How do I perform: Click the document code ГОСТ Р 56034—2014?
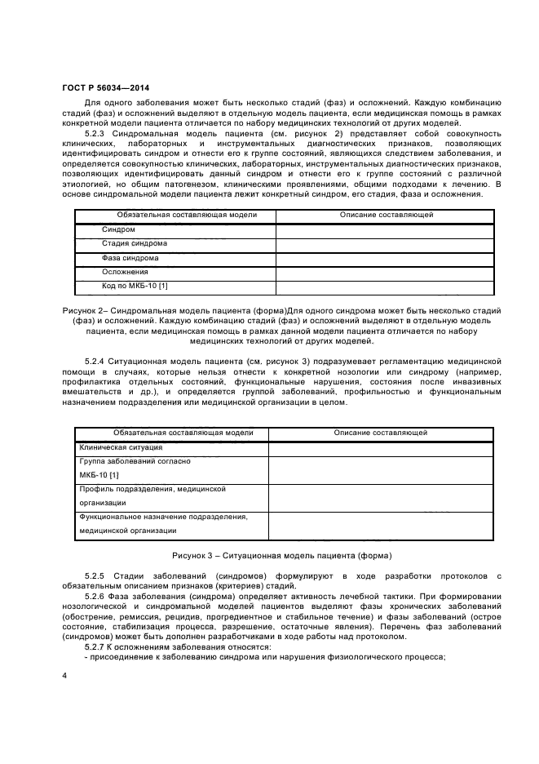click(105, 88)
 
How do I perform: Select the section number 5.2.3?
click(99, 132)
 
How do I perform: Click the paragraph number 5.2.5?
click(99, 576)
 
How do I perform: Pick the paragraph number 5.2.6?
click(99, 597)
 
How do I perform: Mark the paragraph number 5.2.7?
click(99, 646)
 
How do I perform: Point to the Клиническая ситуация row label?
click(121, 447)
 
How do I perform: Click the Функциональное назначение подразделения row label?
click(162, 517)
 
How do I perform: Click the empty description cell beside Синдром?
click(385, 229)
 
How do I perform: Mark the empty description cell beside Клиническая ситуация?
click(380, 447)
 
